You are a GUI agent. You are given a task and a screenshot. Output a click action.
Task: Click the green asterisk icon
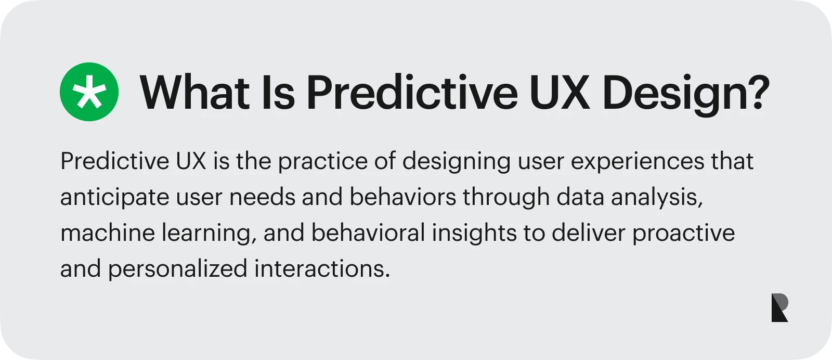click(89, 92)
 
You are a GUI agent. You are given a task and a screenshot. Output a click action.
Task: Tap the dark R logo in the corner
click(779, 307)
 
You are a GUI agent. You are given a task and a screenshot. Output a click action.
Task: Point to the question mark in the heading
click(759, 92)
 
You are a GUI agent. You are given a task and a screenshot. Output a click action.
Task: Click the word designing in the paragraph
click(457, 162)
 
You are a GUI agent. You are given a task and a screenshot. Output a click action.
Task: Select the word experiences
click(638, 162)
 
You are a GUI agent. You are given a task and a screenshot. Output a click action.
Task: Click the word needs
click(262, 197)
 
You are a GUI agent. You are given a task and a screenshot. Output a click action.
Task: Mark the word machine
click(108, 233)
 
